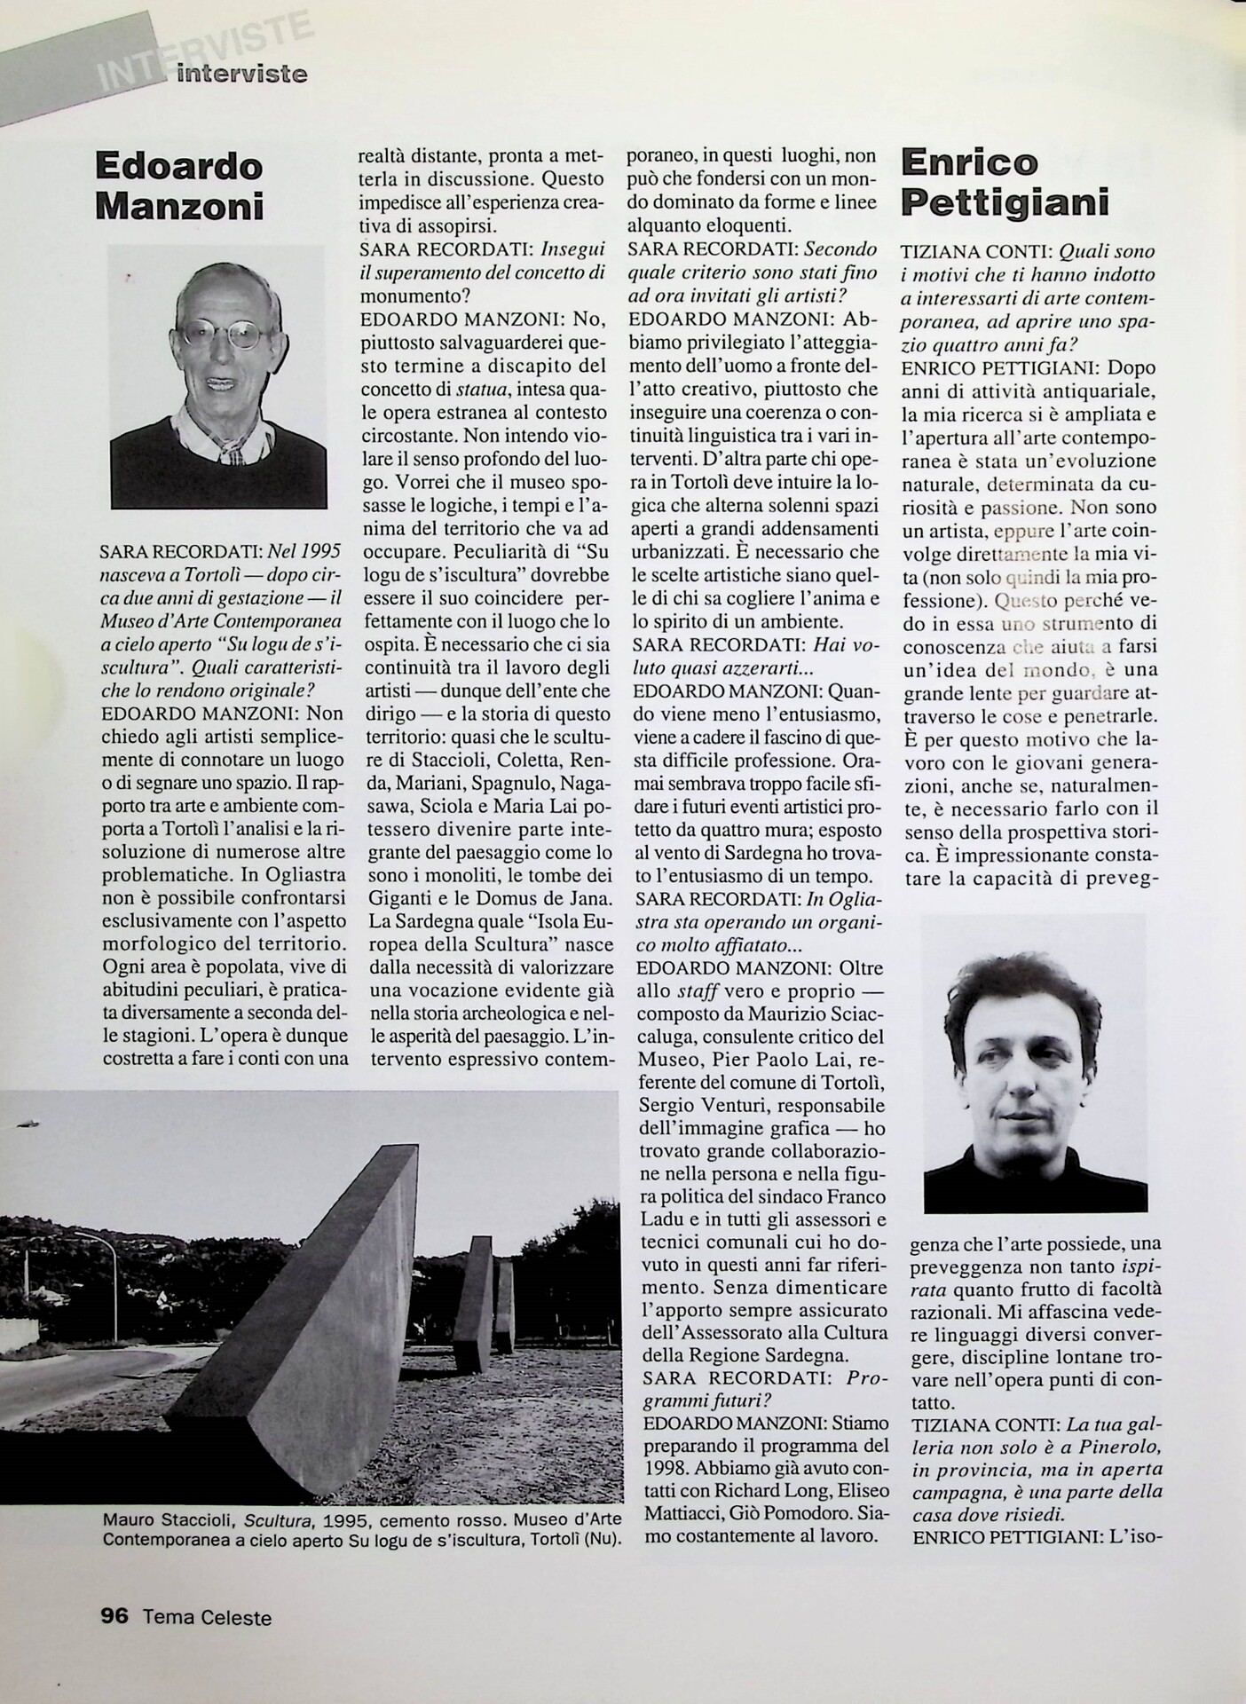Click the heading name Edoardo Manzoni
179,185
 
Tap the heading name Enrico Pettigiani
1005,183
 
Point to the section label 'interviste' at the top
241,74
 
